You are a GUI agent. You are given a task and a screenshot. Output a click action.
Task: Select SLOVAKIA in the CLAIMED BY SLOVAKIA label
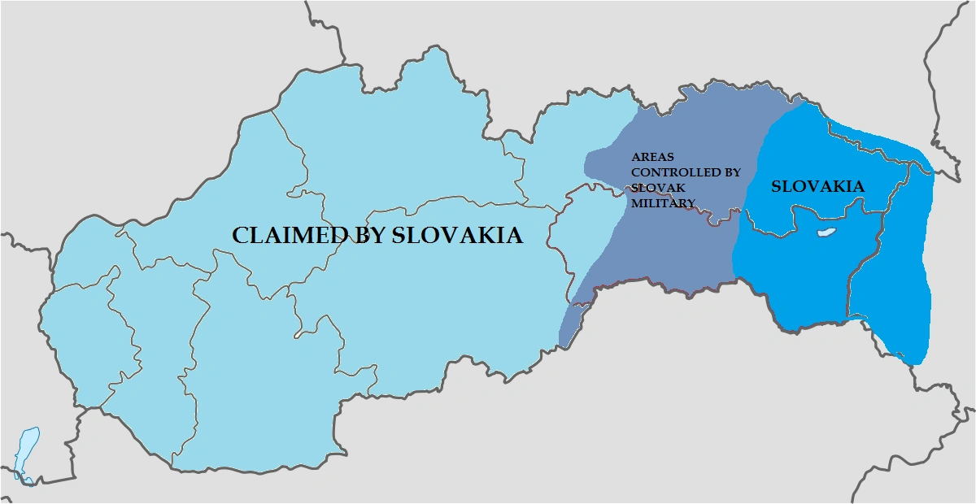(456, 236)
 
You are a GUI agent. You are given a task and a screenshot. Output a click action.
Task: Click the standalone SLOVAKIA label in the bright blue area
(817, 187)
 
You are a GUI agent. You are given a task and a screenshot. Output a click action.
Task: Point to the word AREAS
(652, 157)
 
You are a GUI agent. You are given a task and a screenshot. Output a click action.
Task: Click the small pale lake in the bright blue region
(826, 233)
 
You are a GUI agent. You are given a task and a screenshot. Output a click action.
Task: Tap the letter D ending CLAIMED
(339, 236)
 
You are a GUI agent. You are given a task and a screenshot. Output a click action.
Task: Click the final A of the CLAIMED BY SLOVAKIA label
(512, 236)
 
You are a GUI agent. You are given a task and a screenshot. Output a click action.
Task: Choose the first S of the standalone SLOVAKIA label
(776, 187)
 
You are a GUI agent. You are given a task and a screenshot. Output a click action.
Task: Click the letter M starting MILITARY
(637, 203)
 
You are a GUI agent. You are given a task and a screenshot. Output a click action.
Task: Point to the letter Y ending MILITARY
(691, 203)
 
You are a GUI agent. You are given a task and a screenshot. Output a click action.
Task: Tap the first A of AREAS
(636, 157)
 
